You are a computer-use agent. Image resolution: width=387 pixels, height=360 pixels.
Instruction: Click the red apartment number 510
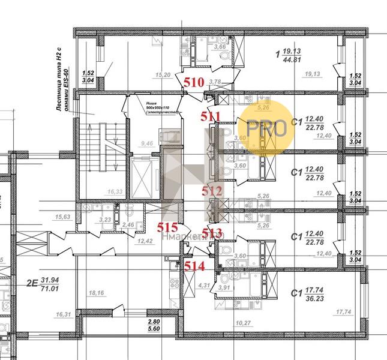pyautogui.click(x=194, y=83)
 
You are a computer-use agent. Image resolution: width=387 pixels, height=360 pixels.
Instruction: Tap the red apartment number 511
pyautogui.click(x=211, y=116)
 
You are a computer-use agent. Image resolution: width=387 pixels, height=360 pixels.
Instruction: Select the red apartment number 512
pyautogui.click(x=212, y=192)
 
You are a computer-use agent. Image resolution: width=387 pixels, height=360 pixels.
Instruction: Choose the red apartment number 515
pyautogui.click(x=168, y=227)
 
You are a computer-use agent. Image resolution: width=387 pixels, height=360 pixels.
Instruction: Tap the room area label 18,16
pyautogui.click(x=96, y=293)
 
